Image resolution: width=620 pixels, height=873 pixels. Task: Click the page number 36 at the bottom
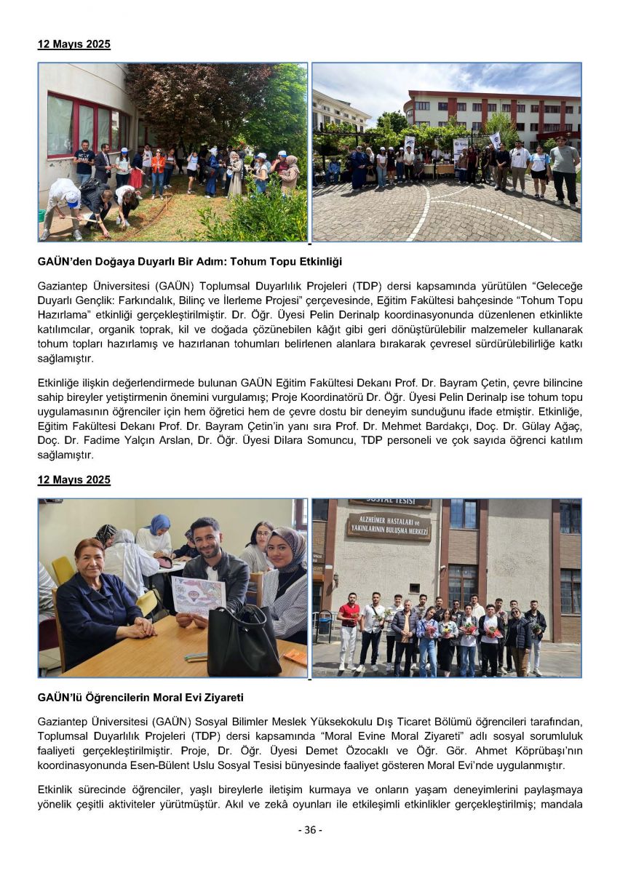click(x=310, y=830)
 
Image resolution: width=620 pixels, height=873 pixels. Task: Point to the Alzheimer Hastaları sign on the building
click(x=389, y=525)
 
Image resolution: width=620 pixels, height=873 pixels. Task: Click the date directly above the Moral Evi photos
click(x=74, y=480)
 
